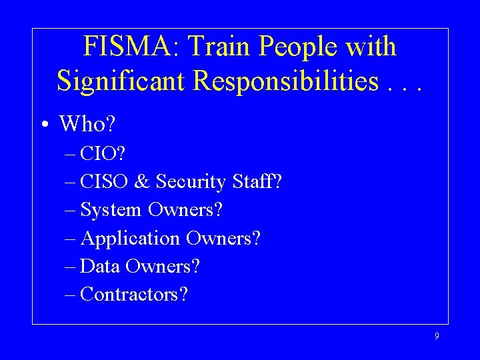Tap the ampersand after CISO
point(144,181)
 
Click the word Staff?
point(257,181)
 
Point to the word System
point(111,210)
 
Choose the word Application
point(130,239)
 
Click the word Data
point(98,267)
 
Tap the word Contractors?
point(133,295)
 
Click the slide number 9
point(437,337)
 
